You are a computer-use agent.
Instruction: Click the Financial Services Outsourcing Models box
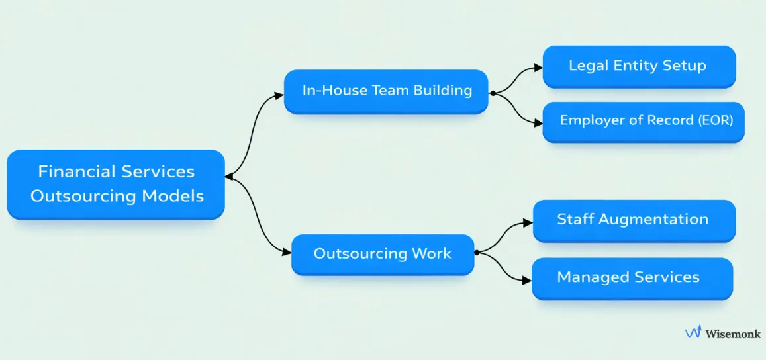click(116, 184)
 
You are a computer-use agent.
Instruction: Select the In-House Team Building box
click(386, 91)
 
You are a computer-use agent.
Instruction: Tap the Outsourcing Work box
click(383, 254)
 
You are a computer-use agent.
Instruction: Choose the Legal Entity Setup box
click(638, 66)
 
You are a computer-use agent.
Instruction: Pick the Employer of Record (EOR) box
click(643, 121)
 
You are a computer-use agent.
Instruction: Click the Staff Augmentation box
click(634, 220)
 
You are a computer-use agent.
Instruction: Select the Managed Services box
click(632, 278)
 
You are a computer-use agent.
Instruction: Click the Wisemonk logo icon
click(693, 333)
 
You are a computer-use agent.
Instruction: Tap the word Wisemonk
click(733, 334)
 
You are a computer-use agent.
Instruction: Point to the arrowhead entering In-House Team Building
click(280, 95)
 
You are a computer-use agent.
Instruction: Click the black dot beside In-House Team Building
click(493, 94)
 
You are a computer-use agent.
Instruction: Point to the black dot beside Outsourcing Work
click(477, 252)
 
